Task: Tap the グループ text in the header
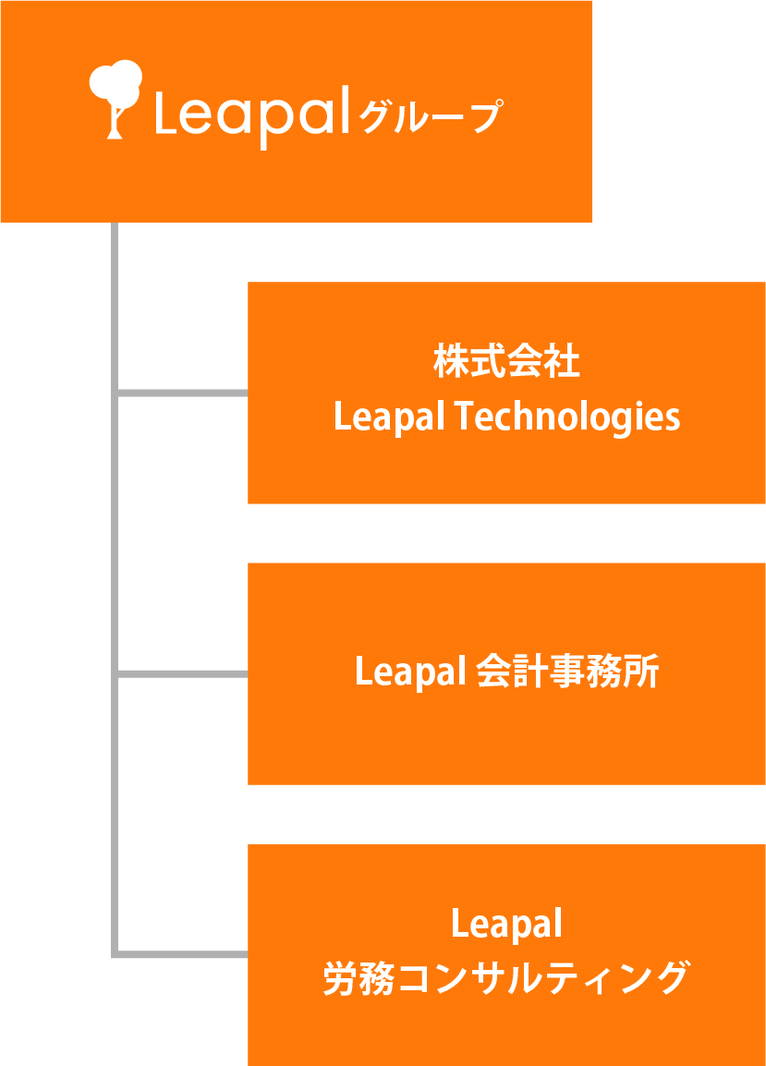[x=431, y=117]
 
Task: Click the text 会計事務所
[x=567, y=672]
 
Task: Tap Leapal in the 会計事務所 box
[x=408, y=672]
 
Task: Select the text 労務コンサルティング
[x=506, y=979]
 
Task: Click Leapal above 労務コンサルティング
[x=506, y=923]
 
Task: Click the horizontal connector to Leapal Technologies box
[x=182, y=393]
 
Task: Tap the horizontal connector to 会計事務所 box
[x=182, y=673]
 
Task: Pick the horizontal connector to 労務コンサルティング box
[x=182, y=953]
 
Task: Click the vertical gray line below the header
[x=115, y=305]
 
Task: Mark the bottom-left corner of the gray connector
[x=115, y=953]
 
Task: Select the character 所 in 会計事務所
[x=643, y=672]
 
